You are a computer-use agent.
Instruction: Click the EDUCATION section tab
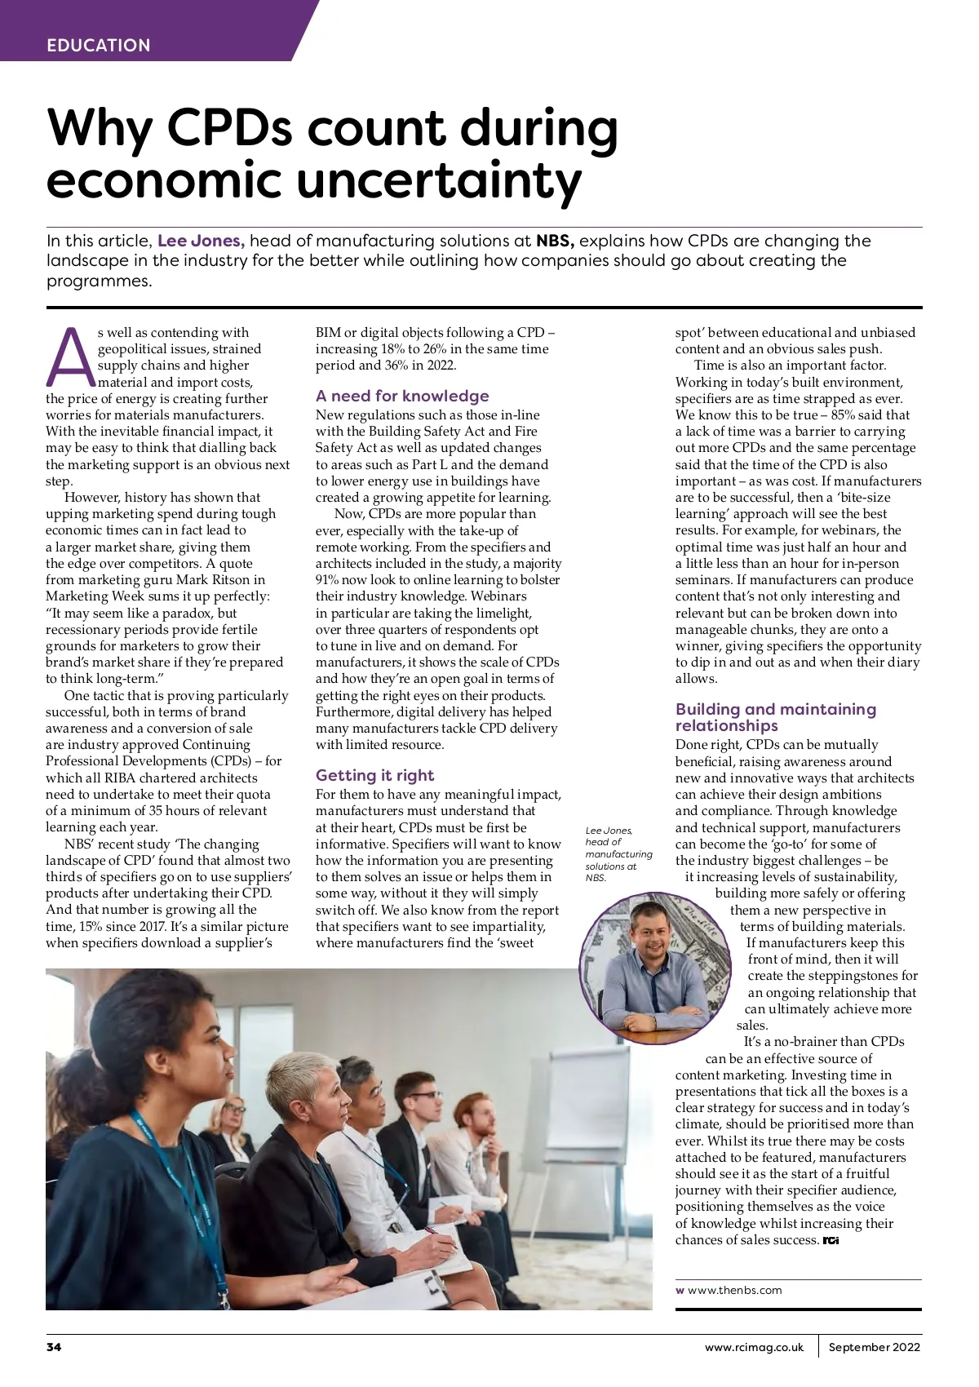point(99,46)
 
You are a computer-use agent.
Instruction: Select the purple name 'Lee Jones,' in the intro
point(201,241)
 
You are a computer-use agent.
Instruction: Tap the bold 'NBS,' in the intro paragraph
point(555,241)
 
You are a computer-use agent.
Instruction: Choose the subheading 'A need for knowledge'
point(402,397)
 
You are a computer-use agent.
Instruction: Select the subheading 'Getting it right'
point(374,775)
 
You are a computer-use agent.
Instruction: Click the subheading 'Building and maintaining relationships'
point(775,717)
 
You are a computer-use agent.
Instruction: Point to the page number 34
point(54,1347)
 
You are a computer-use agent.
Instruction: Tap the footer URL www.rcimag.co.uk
point(754,1347)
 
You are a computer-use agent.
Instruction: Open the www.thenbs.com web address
point(734,1290)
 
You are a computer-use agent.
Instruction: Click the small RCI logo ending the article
point(831,1241)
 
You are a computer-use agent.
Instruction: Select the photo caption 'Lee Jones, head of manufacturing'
point(618,853)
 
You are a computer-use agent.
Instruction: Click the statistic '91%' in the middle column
point(328,580)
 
